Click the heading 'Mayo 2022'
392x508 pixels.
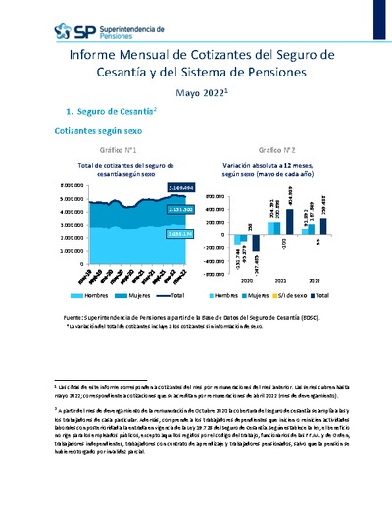click(201, 92)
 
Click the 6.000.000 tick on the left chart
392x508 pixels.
click(47, 184)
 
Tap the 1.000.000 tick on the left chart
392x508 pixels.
click(47, 251)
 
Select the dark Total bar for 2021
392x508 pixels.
click(289, 223)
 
